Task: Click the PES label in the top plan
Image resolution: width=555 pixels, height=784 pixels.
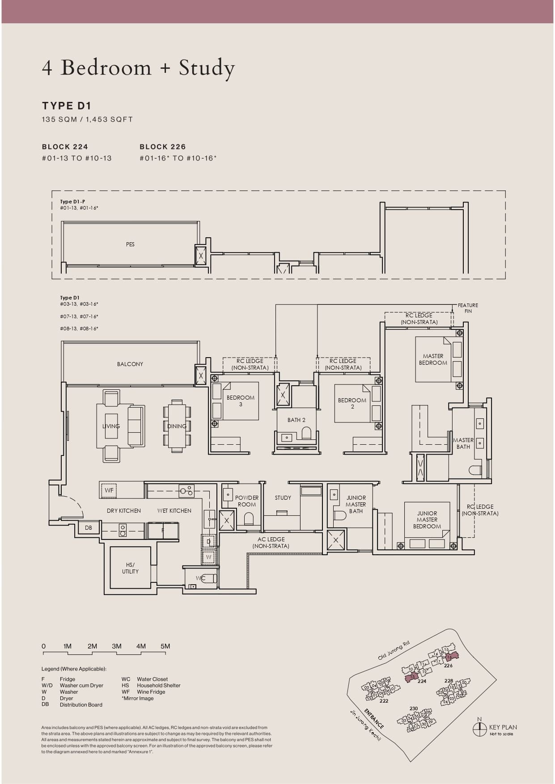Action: click(130, 244)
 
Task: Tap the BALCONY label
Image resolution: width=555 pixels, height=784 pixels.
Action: click(130, 364)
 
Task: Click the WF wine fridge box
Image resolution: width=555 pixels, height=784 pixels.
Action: click(109, 490)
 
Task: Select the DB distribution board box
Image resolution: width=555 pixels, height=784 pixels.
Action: click(89, 528)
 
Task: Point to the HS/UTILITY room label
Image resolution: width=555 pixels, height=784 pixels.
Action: click(130, 568)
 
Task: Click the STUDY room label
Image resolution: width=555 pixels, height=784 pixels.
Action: click(283, 498)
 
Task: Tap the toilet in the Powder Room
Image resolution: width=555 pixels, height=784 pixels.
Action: click(249, 518)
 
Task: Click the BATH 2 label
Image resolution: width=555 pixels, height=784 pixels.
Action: click(296, 420)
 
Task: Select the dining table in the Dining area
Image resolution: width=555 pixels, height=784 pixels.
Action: click(177, 426)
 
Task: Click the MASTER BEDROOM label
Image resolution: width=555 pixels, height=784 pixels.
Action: click(433, 359)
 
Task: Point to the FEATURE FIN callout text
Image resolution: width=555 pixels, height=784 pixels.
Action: click(468, 308)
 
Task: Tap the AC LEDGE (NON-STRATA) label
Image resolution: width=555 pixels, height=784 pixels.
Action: click(271, 543)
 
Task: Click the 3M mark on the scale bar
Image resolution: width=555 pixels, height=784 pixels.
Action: click(117, 646)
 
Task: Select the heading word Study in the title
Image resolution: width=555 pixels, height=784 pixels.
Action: click(207, 68)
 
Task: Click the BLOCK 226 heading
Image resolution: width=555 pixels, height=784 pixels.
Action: click(162, 147)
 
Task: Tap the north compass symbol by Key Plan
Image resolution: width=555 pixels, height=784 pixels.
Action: click(479, 729)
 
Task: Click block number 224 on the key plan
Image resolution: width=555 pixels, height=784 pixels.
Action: click(421, 681)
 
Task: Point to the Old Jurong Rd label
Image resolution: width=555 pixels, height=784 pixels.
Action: click(394, 651)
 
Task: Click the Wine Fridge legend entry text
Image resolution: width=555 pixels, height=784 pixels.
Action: click(151, 692)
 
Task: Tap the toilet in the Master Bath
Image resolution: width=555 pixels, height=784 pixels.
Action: click(475, 470)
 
